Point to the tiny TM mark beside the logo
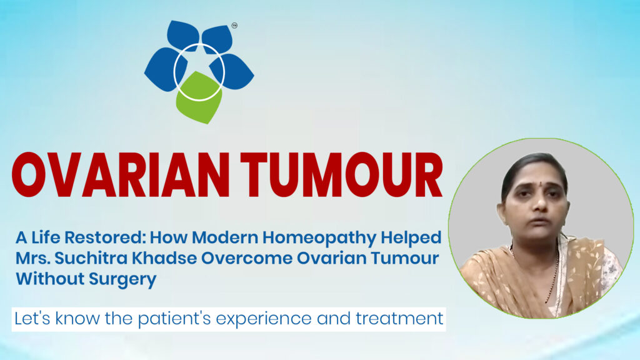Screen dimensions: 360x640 (234, 26)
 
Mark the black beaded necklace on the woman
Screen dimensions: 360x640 (552, 275)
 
